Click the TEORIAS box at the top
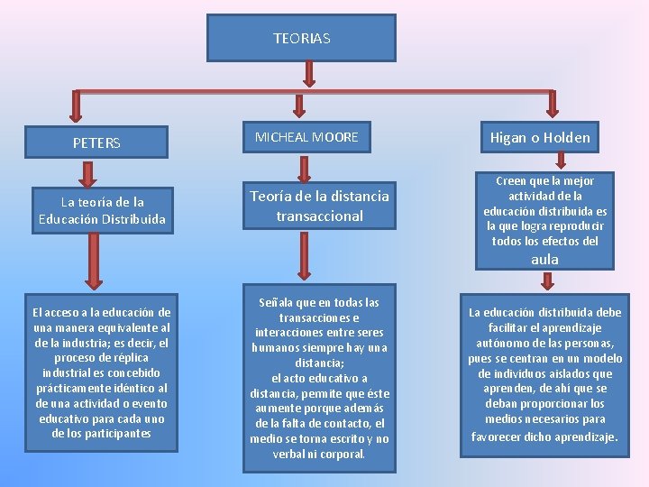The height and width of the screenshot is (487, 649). tap(301, 39)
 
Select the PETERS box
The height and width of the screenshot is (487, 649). tap(96, 142)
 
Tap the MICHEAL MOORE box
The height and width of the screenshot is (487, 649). tap(306, 137)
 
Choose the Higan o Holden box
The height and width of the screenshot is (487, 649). tap(540, 138)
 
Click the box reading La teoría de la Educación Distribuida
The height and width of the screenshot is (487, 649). tap(102, 210)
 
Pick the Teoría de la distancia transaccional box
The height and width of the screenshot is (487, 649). tap(319, 206)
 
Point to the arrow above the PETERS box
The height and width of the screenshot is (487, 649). tap(76, 107)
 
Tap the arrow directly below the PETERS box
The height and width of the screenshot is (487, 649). tap(87, 173)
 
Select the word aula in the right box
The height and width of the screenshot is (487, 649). tap(544, 260)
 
